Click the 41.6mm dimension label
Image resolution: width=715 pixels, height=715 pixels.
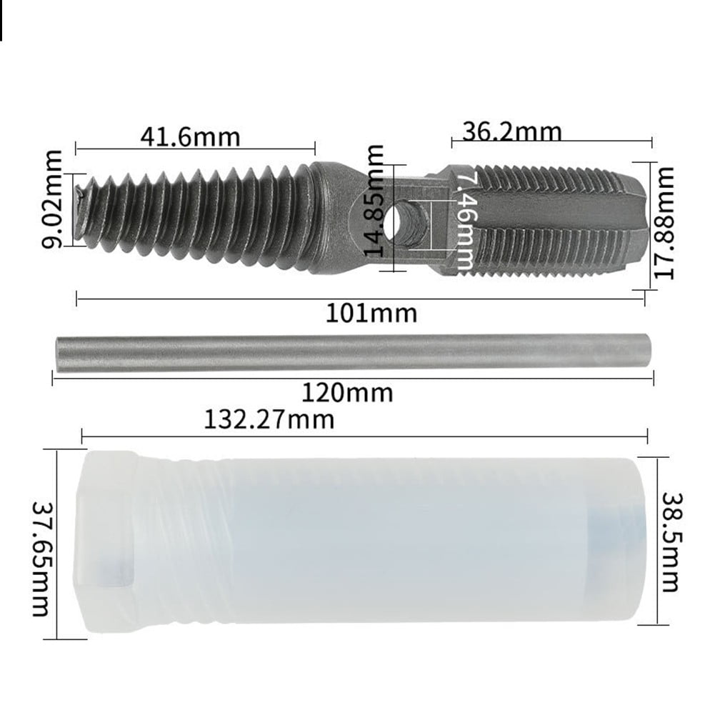[190, 136]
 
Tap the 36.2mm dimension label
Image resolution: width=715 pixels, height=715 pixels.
[511, 131]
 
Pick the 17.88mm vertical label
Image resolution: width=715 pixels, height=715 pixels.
[665, 223]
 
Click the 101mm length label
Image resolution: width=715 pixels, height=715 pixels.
[371, 313]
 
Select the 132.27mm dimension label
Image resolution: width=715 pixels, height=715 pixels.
[269, 419]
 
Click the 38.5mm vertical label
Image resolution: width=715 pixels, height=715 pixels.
[669, 541]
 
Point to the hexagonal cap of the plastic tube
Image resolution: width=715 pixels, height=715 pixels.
[107, 541]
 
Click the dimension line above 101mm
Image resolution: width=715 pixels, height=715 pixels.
[361, 299]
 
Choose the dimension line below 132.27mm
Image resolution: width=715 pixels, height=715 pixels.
[364, 435]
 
